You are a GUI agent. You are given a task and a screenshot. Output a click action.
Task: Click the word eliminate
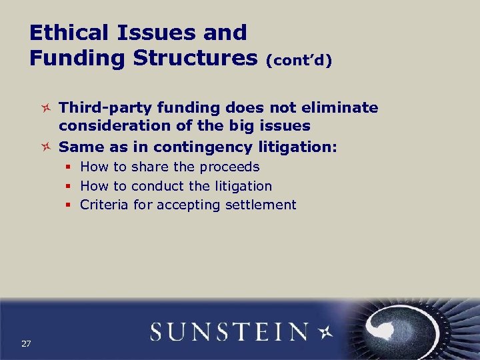pyautogui.click(x=344, y=108)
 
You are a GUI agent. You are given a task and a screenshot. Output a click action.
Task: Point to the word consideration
pyautogui.click(x=107, y=126)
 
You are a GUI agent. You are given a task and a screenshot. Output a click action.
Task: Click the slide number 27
pyautogui.click(x=26, y=343)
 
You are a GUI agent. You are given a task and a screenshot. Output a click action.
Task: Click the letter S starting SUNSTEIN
pyautogui.click(x=159, y=331)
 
